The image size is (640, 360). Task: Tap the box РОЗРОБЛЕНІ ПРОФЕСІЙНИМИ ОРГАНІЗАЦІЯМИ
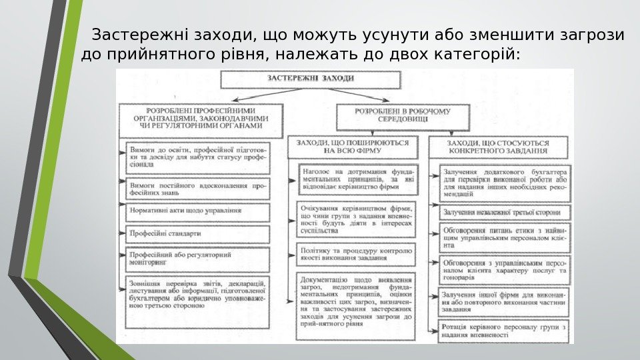201,117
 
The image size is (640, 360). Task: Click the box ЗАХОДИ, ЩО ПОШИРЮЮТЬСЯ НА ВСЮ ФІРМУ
353,147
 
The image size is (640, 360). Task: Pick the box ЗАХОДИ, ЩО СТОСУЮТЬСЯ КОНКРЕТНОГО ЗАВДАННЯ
499,147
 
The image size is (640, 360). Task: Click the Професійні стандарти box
198,234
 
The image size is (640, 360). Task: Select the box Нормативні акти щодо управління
198,211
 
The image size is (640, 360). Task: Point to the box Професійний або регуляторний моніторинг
198,259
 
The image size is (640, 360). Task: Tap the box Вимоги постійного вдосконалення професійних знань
198,189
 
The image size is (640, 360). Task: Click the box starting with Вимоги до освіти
198,157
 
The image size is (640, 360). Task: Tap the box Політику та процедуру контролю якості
357,253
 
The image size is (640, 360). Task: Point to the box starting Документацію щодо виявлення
357,301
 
